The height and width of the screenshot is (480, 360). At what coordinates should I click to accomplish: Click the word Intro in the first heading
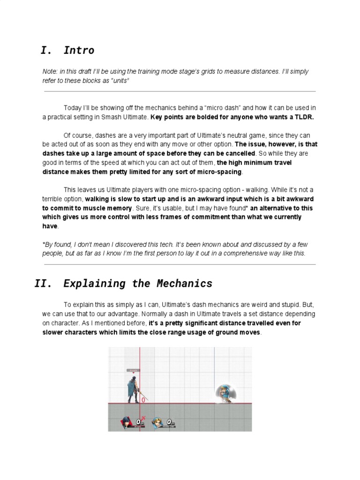click(x=79, y=51)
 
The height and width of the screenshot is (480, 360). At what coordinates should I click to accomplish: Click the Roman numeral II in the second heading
click(x=42, y=284)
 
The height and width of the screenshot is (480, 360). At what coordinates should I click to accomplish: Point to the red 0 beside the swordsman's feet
click(x=143, y=400)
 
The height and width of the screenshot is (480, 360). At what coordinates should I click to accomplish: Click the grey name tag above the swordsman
click(x=133, y=370)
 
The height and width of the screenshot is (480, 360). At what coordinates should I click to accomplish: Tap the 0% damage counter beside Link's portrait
click(x=170, y=422)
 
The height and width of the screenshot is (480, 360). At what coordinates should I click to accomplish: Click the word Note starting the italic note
click(x=50, y=72)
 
